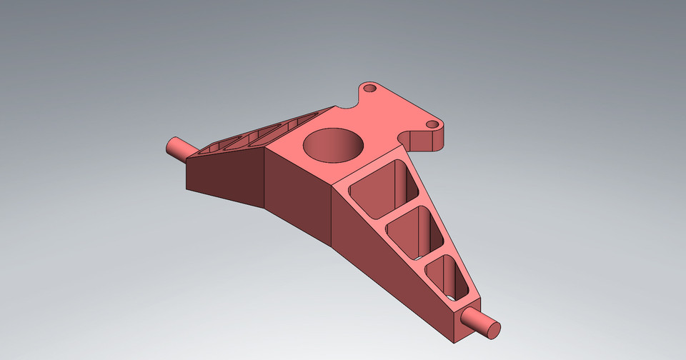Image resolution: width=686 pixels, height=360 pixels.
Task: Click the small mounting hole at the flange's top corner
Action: (x=369, y=89)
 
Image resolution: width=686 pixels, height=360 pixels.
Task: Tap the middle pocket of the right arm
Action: (x=414, y=231)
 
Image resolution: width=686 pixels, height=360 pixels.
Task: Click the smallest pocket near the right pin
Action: (x=446, y=274)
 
